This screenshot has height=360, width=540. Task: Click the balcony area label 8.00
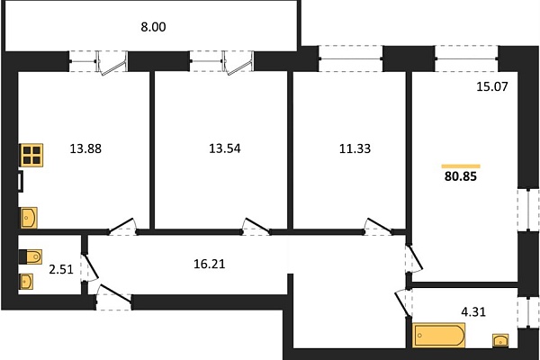(x=153, y=27)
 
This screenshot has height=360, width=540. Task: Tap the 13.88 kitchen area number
(x=85, y=148)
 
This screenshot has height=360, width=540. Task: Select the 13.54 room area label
(x=225, y=148)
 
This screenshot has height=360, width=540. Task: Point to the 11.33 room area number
(x=355, y=148)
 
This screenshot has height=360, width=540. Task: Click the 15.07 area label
(x=492, y=86)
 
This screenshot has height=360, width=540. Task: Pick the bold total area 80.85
(x=461, y=176)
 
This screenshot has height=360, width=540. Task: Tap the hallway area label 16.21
(x=209, y=264)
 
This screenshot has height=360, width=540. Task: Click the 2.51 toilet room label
(x=61, y=269)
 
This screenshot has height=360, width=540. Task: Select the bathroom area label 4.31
(x=473, y=311)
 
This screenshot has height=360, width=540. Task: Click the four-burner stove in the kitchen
(x=32, y=155)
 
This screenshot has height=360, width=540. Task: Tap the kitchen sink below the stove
(x=29, y=218)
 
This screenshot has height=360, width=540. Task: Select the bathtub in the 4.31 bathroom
(x=438, y=335)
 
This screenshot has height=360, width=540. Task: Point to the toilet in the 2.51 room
(x=30, y=256)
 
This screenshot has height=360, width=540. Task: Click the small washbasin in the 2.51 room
(x=26, y=282)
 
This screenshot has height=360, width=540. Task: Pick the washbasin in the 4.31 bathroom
(x=500, y=340)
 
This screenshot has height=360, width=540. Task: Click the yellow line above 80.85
(x=461, y=166)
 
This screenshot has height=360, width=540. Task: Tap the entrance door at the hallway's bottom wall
(x=113, y=297)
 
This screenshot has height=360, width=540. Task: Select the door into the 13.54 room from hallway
(x=256, y=226)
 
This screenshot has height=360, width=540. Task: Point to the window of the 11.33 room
(x=351, y=58)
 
